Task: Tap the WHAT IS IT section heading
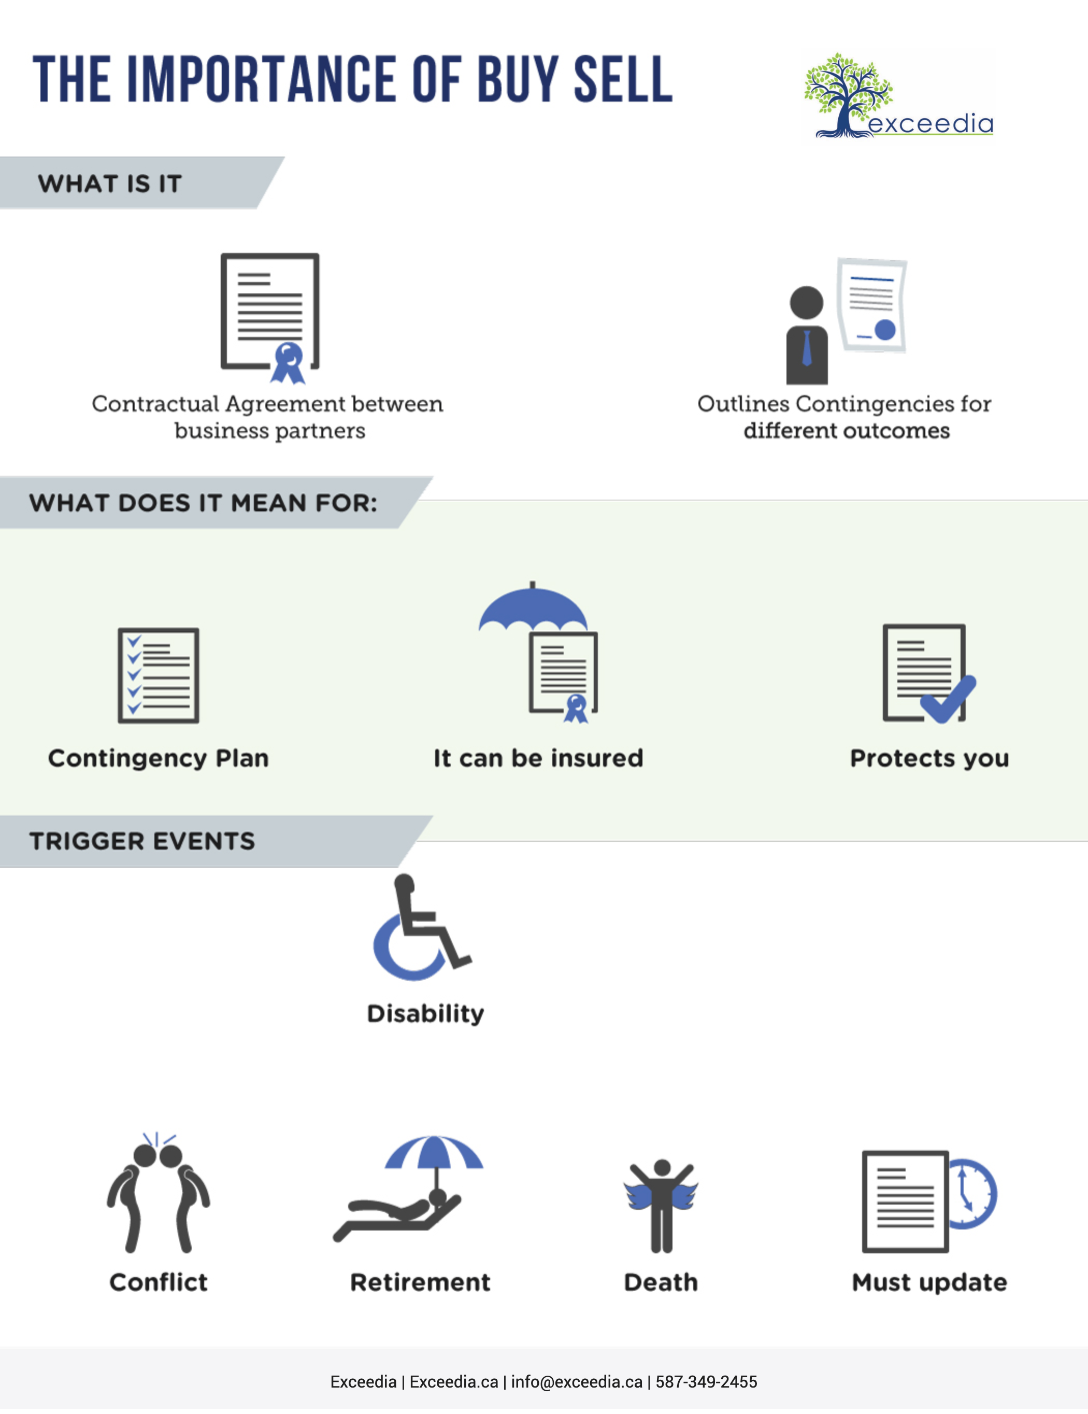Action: point(110,184)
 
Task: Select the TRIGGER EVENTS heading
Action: point(142,841)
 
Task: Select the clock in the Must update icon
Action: point(972,1194)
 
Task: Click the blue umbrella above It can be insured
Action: point(533,609)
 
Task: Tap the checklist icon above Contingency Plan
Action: point(159,675)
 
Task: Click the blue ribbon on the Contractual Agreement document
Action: point(288,363)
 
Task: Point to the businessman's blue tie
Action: point(807,348)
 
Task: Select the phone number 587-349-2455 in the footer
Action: point(706,1382)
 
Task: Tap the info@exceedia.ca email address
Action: point(577,1382)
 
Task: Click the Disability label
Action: point(425,1013)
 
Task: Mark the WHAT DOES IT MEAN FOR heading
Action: point(203,503)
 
